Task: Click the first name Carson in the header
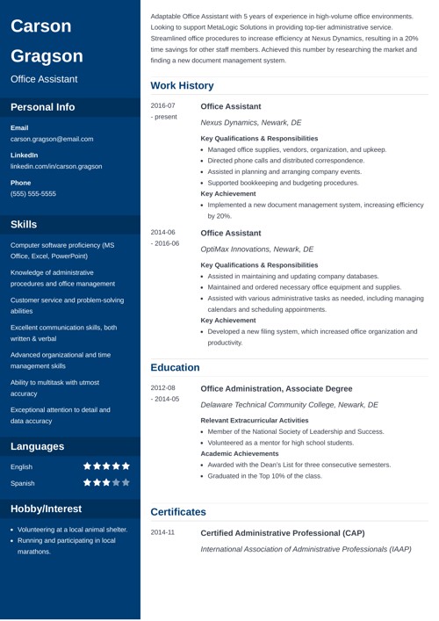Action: (x=41, y=26)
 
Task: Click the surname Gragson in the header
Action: (x=47, y=56)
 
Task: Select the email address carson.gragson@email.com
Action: (x=52, y=139)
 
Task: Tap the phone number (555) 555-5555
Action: (x=33, y=193)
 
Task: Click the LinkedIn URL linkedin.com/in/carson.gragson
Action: (x=56, y=165)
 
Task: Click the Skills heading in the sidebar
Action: (x=30, y=225)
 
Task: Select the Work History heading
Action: (x=182, y=86)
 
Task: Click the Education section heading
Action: (x=176, y=367)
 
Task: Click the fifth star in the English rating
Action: (x=126, y=466)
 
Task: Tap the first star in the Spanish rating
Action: (x=88, y=482)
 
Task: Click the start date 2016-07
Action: (x=163, y=105)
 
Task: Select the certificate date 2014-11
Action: (x=163, y=532)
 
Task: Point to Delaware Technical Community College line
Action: (x=289, y=405)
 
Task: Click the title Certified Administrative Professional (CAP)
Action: (x=294, y=532)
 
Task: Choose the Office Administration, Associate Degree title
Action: (x=277, y=388)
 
